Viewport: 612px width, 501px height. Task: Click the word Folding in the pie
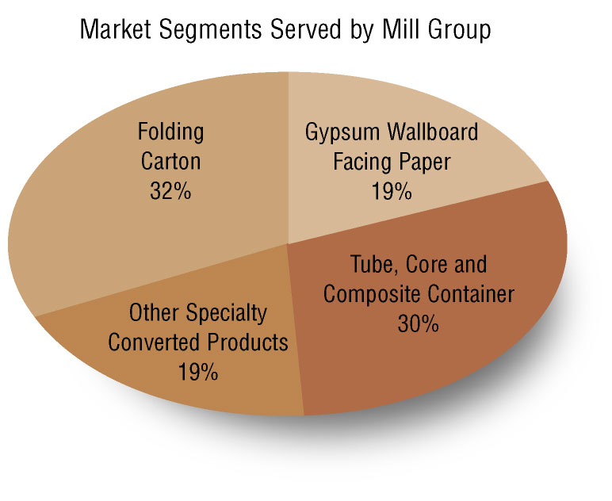(170, 131)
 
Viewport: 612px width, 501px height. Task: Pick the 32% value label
(170, 191)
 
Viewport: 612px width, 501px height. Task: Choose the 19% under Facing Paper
(391, 191)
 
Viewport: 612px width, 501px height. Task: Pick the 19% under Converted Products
(197, 372)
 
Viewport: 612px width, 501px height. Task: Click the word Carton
(170, 161)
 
